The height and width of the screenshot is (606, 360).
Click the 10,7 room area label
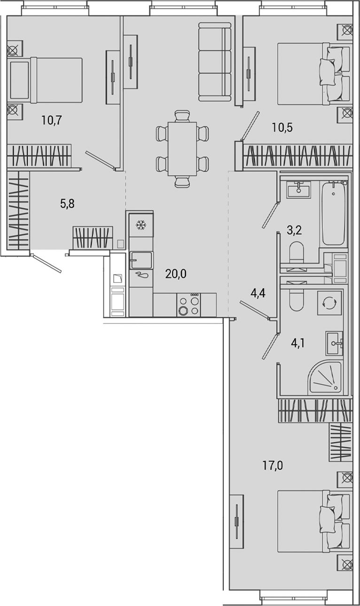[x=52, y=120]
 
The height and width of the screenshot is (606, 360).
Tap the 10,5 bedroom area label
[x=282, y=127]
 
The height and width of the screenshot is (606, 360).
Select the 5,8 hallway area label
[x=68, y=204]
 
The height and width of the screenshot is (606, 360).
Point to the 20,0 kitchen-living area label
[x=176, y=274]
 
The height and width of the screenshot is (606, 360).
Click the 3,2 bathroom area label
[x=294, y=230]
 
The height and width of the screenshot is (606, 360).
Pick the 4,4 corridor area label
[x=258, y=293]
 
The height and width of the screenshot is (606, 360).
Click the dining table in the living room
[x=182, y=149]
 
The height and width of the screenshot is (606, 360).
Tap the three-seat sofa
[x=215, y=61]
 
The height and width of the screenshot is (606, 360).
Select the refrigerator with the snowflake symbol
[x=141, y=226]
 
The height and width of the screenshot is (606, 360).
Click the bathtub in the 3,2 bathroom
[x=334, y=212]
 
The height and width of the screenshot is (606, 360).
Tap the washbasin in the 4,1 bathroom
[x=334, y=342]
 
